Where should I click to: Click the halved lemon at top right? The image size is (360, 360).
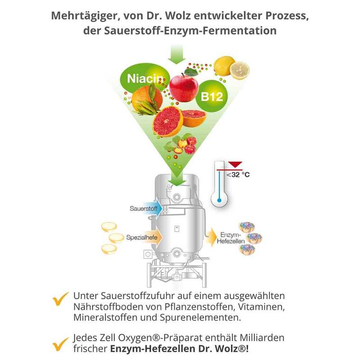tap(239, 71)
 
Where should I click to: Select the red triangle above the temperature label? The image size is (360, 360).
tap(235, 164)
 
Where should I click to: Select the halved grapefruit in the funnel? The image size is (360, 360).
tap(167, 121)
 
